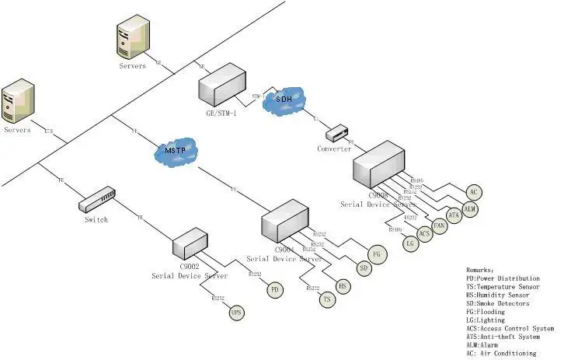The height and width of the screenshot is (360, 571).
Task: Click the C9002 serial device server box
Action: tap(190, 242)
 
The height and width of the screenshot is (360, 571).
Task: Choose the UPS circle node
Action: tap(236, 313)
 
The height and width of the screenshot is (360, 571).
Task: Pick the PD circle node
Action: tap(274, 290)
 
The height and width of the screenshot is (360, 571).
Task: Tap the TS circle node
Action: tap(327, 299)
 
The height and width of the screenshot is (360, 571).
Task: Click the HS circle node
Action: tap(343, 285)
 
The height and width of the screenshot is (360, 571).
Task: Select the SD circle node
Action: tap(363, 268)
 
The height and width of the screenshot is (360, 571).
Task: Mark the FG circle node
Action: tap(378, 253)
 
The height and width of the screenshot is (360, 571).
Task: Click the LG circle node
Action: tap(411, 243)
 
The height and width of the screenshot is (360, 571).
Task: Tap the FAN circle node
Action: tap(440, 225)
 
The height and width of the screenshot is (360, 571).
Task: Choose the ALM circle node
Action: tap(470, 209)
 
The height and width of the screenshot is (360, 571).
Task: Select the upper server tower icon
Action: tap(131, 41)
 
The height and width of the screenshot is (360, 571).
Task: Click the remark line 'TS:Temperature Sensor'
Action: tap(503, 287)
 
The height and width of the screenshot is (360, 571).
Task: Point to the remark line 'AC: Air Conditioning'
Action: tap(501, 353)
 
